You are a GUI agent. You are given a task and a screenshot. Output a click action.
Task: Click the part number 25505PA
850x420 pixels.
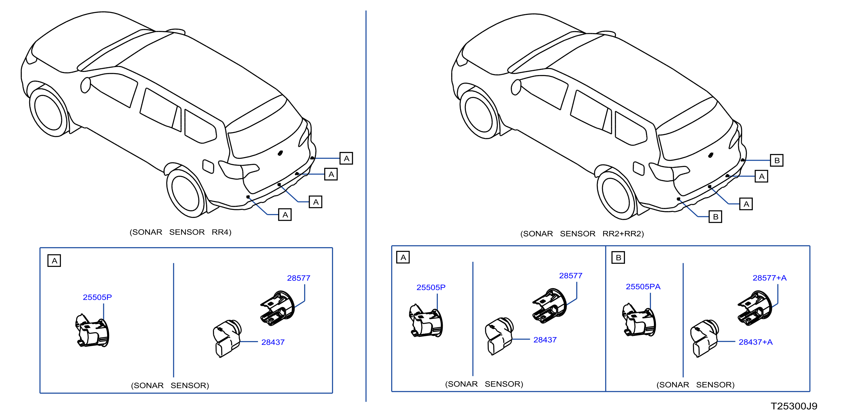643,287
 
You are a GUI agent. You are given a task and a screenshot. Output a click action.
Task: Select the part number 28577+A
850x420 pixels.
770,278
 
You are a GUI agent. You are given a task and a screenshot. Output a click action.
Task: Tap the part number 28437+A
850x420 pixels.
755,342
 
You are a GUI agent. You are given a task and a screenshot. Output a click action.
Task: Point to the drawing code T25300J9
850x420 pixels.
794,406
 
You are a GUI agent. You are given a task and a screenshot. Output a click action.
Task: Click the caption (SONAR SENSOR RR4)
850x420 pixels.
181,232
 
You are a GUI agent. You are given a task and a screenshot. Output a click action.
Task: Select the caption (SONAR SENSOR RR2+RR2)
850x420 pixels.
582,234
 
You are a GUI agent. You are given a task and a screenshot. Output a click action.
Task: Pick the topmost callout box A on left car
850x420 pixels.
346,158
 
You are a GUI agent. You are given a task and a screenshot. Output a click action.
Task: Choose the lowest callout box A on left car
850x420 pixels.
285,215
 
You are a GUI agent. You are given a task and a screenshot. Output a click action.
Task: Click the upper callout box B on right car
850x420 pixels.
777,160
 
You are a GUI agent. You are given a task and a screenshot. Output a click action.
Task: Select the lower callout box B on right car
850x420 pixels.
715,217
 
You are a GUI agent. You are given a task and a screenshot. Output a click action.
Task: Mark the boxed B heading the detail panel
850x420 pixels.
618,258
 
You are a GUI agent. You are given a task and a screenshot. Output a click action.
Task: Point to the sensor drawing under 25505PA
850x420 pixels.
639,320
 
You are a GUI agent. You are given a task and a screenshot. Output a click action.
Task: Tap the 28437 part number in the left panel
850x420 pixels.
273,342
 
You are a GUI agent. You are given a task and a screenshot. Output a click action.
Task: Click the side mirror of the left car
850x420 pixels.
86,85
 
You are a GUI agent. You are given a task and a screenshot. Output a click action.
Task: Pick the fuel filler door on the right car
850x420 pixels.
639,168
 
